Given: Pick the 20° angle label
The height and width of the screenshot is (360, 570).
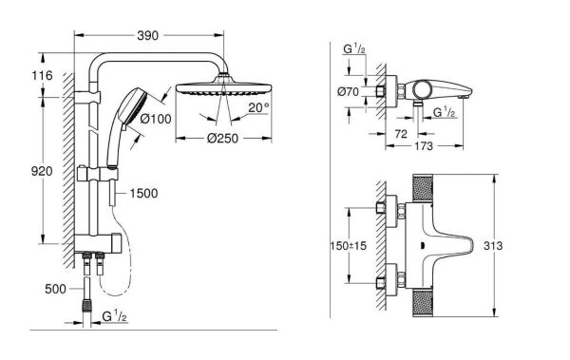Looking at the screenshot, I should (259, 107).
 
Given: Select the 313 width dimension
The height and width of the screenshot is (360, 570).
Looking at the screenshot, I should (515, 245).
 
